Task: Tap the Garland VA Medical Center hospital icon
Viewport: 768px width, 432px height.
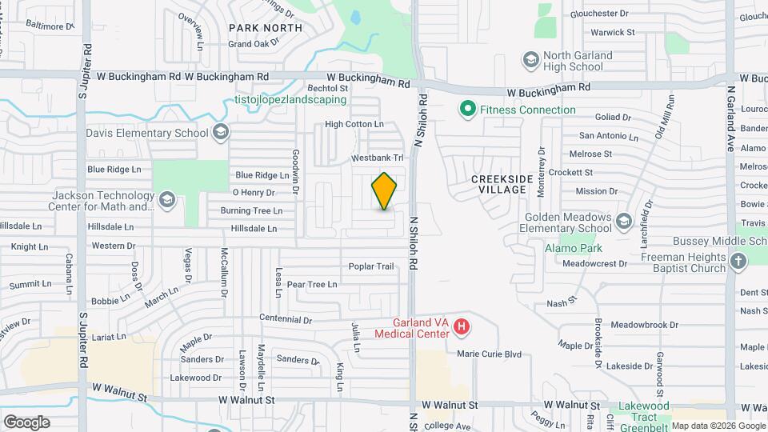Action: (x=461, y=326)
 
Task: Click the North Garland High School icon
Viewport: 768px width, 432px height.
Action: (x=530, y=60)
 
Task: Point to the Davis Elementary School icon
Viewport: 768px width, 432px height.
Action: (x=221, y=132)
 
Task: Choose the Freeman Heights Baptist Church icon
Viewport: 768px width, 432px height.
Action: (x=738, y=260)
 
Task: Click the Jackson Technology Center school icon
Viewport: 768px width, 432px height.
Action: (x=167, y=199)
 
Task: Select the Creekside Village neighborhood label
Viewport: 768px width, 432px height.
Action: (x=498, y=184)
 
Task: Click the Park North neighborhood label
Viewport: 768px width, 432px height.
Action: (x=265, y=28)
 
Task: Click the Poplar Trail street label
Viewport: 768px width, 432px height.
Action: (x=371, y=266)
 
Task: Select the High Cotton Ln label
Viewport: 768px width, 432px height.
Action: (x=354, y=124)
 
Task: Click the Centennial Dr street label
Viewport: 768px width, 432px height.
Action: (x=286, y=319)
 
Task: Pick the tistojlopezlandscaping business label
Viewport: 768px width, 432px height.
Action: (x=290, y=100)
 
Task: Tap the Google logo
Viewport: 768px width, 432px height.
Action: (x=26, y=422)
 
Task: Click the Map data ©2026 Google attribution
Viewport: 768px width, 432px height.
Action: (x=718, y=426)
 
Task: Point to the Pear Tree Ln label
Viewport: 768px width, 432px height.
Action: (x=312, y=284)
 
